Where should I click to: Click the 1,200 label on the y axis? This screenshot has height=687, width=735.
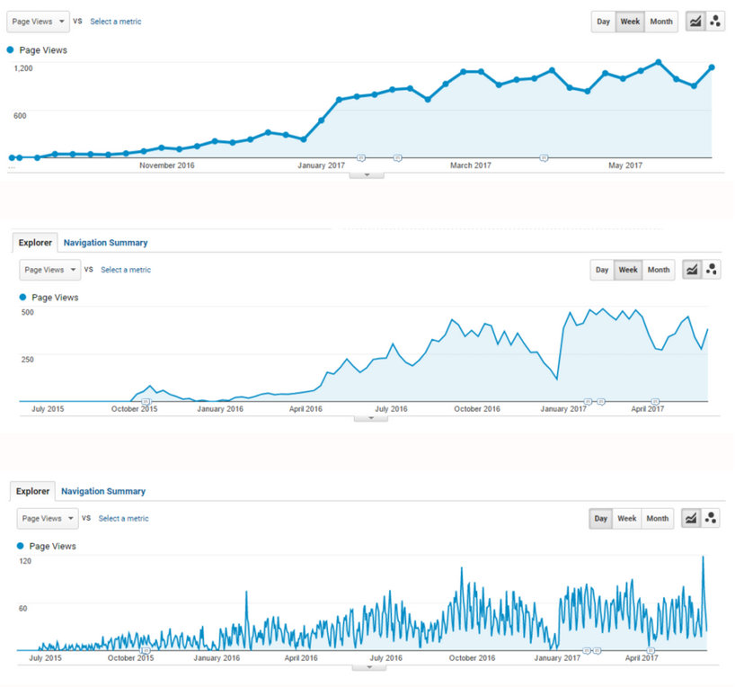point(23,67)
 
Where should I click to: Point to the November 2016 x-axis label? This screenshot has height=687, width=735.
point(166,165)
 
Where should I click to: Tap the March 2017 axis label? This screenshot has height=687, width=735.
point(471,165)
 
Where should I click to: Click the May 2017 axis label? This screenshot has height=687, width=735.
point(625,165)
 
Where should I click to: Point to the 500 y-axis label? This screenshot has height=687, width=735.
point(28,312)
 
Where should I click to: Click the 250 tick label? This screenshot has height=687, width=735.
point(28,359)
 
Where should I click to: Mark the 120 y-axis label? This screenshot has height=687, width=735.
point(25,561)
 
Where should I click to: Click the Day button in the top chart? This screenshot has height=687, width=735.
point(603,22)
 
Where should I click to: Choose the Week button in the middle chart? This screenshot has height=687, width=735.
point(628,270)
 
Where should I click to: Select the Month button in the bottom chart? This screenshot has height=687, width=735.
point(658,518)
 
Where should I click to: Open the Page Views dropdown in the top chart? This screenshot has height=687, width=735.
point(40,22)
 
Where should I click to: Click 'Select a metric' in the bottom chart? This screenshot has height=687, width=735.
point(123,518)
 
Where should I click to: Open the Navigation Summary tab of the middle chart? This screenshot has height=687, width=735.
point(105,243)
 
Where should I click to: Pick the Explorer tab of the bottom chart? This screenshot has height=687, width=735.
point(32,491)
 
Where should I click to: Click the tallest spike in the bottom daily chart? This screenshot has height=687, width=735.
point(703,558)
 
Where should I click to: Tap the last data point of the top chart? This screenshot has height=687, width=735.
point(712,67)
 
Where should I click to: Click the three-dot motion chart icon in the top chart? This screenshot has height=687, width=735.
point(715,22)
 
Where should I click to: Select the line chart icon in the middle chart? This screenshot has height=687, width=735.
point(692,270)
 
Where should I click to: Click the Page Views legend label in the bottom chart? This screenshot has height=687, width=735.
point(52,546)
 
